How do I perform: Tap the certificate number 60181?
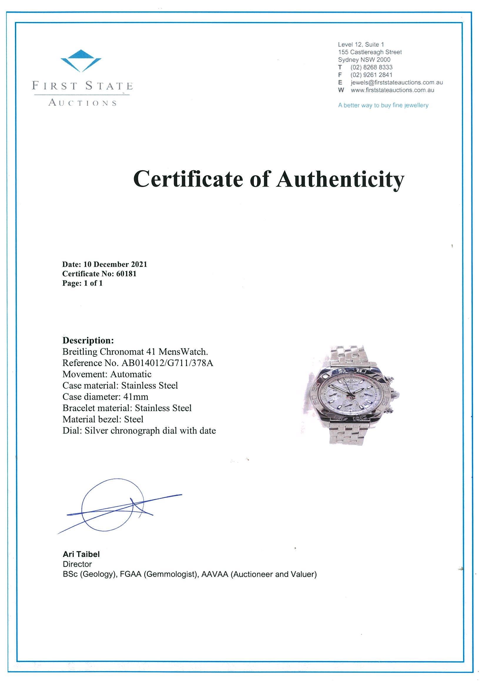(x=126, y=274)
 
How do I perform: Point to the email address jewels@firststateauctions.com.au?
(x=396, y=82)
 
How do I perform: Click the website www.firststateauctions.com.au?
(x=392, y=90)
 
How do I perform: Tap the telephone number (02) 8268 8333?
(x=371, y=67)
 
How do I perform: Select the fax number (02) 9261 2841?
(x=371, y=75)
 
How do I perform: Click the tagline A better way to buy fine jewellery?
(x=383, y=105)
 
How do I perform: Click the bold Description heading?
(x=88, y=341)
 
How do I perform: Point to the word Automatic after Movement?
(x=131, y=374)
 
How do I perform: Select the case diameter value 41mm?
(x=136, y=397)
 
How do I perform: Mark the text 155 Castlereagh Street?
(x=370, y=52)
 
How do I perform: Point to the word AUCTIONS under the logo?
(x=82, y=103)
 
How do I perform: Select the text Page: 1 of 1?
(x=82, y=283)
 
